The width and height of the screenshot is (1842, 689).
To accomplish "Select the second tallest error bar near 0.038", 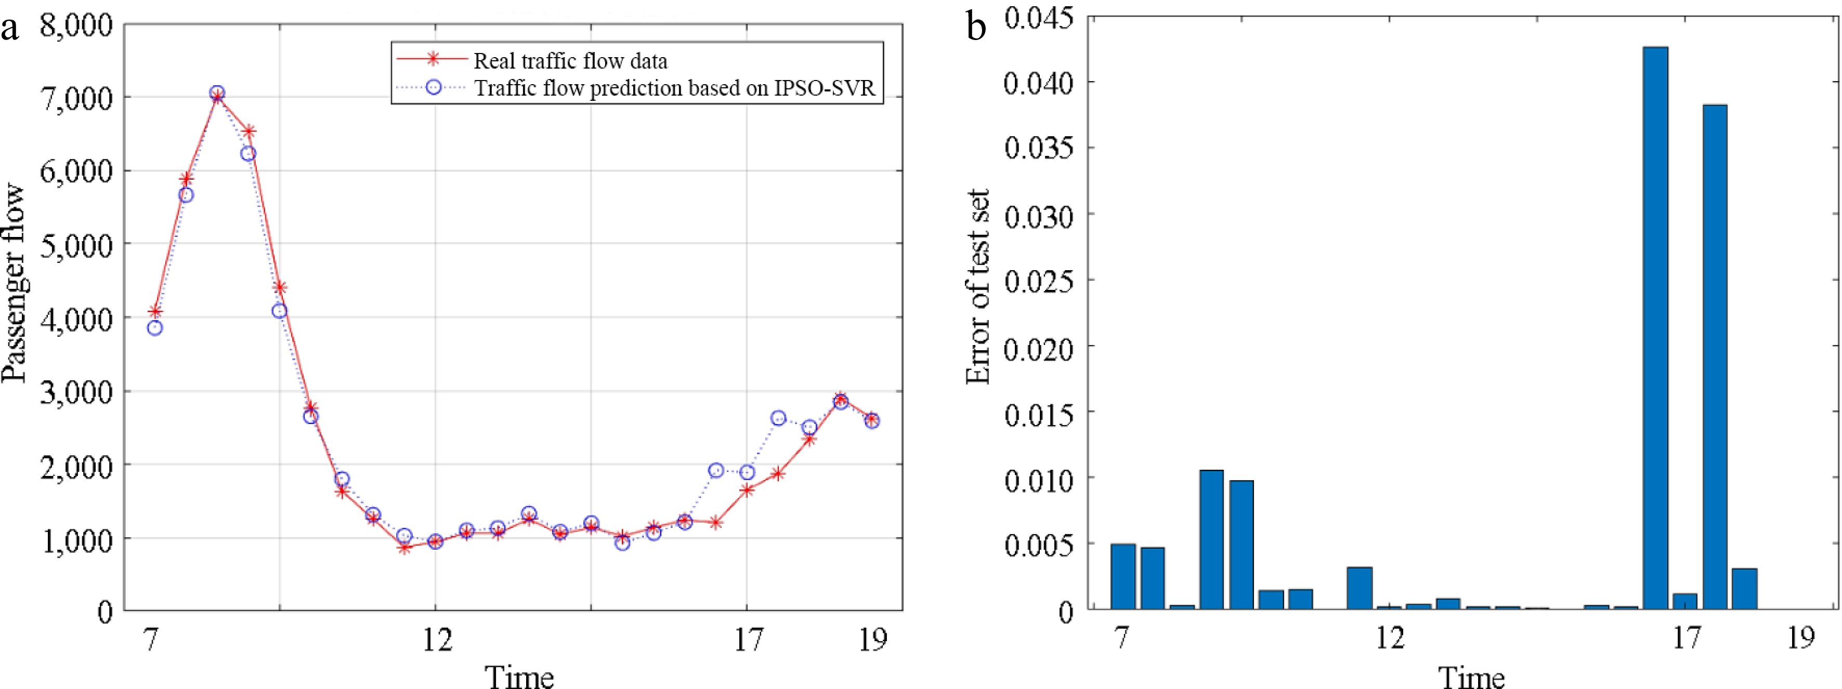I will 1715,357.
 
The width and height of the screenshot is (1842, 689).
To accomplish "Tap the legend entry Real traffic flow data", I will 570,61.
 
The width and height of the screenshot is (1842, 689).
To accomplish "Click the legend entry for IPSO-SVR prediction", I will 674,88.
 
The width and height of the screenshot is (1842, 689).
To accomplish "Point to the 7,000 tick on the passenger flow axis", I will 76,97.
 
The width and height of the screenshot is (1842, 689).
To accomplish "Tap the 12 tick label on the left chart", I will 437,640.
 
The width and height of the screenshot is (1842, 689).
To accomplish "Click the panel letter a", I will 10,29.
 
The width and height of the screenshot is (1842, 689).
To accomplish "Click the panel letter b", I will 976,29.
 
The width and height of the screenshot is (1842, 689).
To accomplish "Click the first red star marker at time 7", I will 154,312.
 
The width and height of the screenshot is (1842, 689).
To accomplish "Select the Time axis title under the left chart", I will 519,676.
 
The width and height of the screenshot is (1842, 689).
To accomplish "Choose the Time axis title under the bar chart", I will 1472,676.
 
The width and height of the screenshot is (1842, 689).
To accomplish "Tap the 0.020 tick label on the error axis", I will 1038,350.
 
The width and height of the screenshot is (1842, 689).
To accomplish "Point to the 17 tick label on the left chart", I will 748,640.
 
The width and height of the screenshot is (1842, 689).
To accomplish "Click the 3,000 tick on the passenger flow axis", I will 76,392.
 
